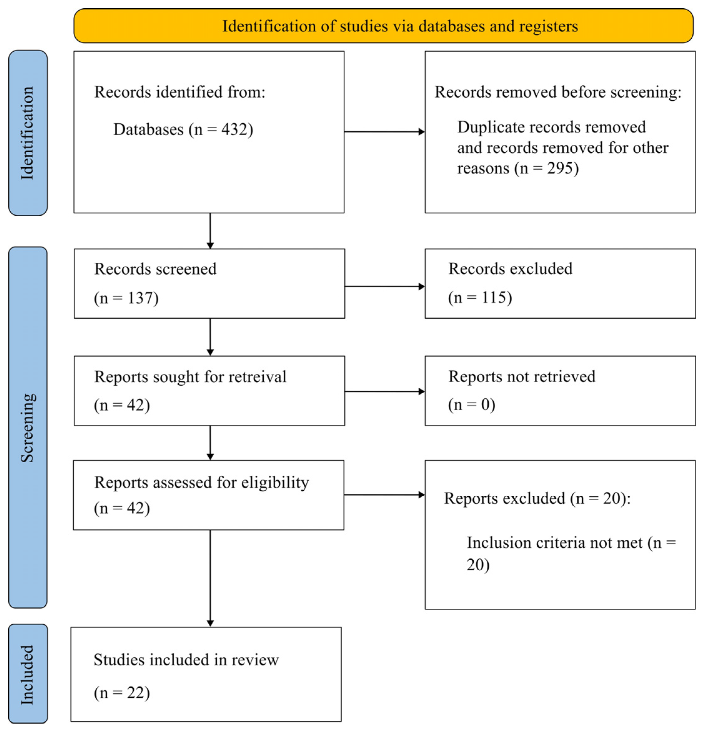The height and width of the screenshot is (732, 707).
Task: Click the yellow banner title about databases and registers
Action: coord(400,26)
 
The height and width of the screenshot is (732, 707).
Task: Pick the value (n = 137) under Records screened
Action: coord(126,298)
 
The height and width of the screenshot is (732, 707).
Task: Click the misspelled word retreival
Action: coord(257,377)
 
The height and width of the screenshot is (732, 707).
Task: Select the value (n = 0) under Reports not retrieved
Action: coord(471,405)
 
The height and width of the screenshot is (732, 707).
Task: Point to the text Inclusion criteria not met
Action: coord(555,543)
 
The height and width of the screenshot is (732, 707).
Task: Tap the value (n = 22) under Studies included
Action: coord(122,693)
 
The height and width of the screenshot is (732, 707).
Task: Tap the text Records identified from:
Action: coord(179,92)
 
